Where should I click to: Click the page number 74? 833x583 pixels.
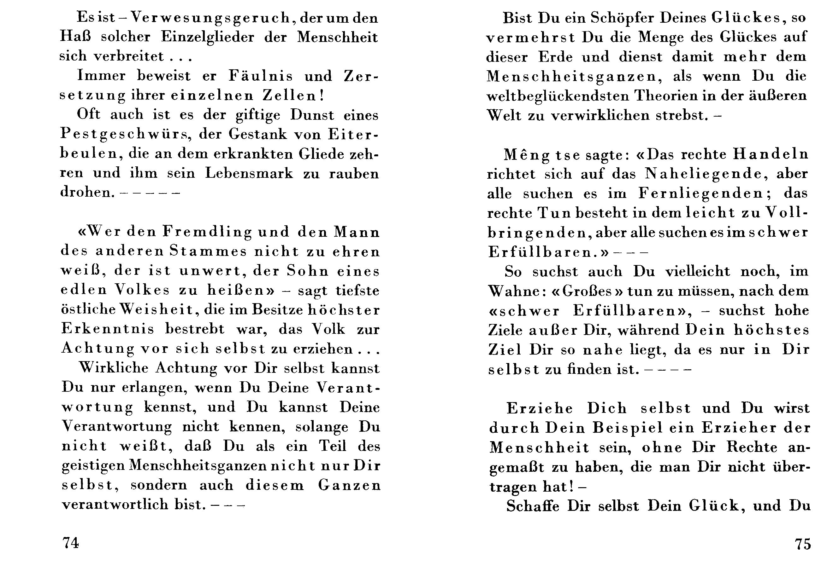click(70, 543)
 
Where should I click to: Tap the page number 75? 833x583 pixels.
click(802, 544)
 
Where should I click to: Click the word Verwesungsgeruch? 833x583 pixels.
click(210, 18)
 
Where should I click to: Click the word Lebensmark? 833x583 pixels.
click(249, 173)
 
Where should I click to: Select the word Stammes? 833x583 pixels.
click(208, 251)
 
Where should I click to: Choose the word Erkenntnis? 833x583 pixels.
click(108, 329)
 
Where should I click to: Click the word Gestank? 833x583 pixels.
click(257, 135)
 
